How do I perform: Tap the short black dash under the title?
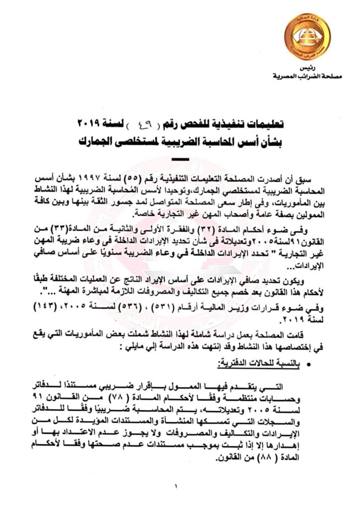tap(179, 159)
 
